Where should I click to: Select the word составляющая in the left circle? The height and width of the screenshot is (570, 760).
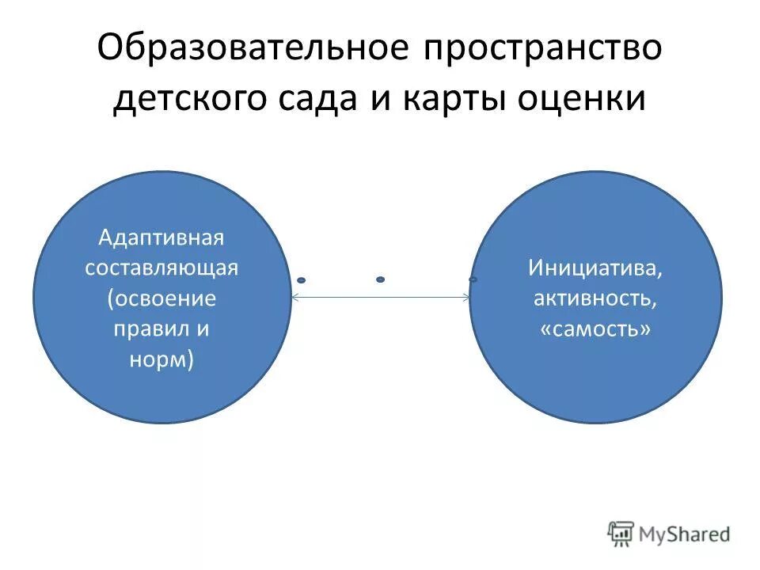point(161,268)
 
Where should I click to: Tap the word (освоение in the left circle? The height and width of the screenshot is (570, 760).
point(161,298)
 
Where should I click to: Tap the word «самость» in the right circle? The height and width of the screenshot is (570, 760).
point(595,329)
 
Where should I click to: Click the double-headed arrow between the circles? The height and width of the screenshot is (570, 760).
point(380,298)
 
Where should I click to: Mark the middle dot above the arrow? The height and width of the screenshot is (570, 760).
point(380,279)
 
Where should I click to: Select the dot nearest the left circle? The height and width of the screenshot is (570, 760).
point(301,280)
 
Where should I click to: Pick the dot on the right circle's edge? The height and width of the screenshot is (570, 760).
point(473,279)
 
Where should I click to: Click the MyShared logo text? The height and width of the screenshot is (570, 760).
point(686,534)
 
